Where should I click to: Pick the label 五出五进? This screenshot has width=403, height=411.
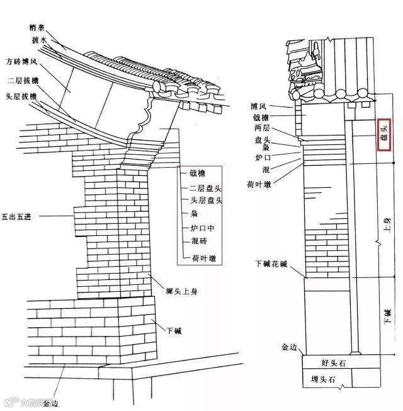tap(16, 216)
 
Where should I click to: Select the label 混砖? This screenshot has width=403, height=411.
tap(197, 241)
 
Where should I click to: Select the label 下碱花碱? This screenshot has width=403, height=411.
tap(271, 263)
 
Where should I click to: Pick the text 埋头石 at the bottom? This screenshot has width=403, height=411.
tap(323, 379)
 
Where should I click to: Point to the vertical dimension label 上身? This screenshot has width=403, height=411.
tap(388, 226)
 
